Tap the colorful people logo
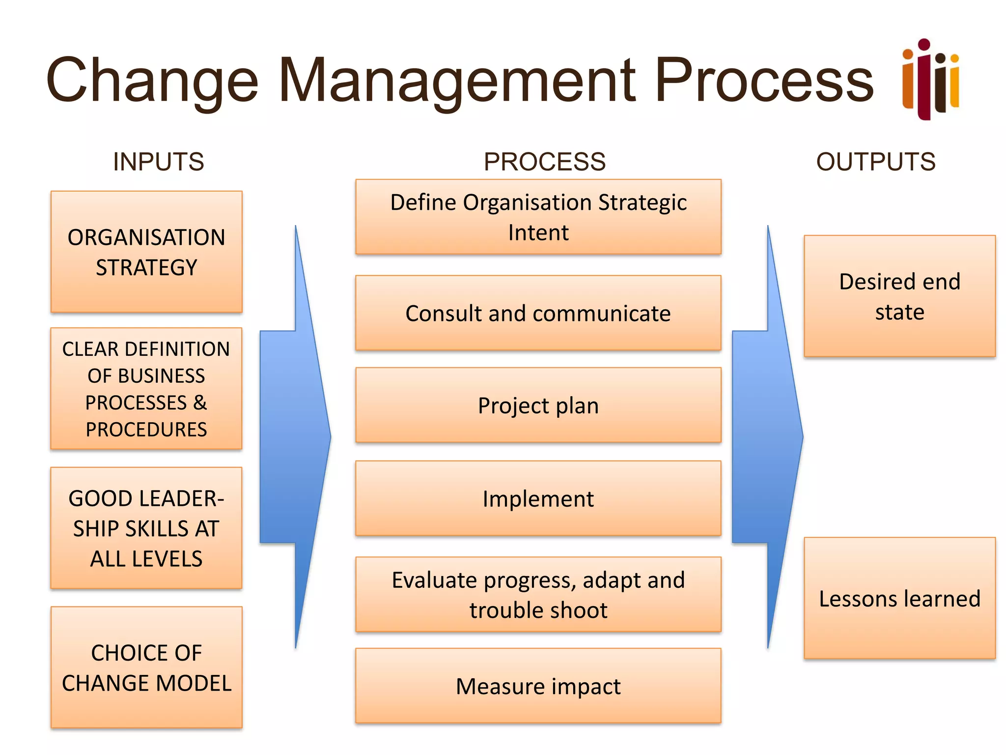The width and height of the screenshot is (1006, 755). pyautogui.click(x=930, y=80)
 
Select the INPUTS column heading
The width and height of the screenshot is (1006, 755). pyautogui.click(x=158, y=162)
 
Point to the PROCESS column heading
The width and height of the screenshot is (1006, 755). pyautogui.click(x=544, y=162)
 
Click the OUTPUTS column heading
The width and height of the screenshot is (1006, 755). pyautogui.click(x=875, y=162)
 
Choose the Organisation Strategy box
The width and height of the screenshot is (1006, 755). pyautogui.click(x=146, y=252)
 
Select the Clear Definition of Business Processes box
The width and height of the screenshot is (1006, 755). pyautogui.click(x=146, y=388)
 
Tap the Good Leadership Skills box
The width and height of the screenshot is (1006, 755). pyautogui.click(x=146, y=528)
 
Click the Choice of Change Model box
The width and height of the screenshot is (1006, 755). pyautogui.click(x=146, y=667)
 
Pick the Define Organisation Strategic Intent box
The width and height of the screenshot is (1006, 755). pyautogui.click(x=538, y=217)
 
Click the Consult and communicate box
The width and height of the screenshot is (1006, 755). pyautogui.click(x=538, y=313)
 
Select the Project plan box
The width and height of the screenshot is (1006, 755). pyautogui.click(x=538, y=405)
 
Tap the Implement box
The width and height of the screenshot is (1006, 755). pyautogui.click(x=538, y=498)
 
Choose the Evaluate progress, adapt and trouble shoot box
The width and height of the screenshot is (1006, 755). pyautogui.click(x=538, y=594)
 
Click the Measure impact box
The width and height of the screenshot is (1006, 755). pyautogui.click(x=538, y=686)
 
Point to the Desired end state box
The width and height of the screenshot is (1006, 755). pyautogui.click(x=899, y=296)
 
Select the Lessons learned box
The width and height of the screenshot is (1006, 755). pyautogui.click(x=899, y=598)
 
